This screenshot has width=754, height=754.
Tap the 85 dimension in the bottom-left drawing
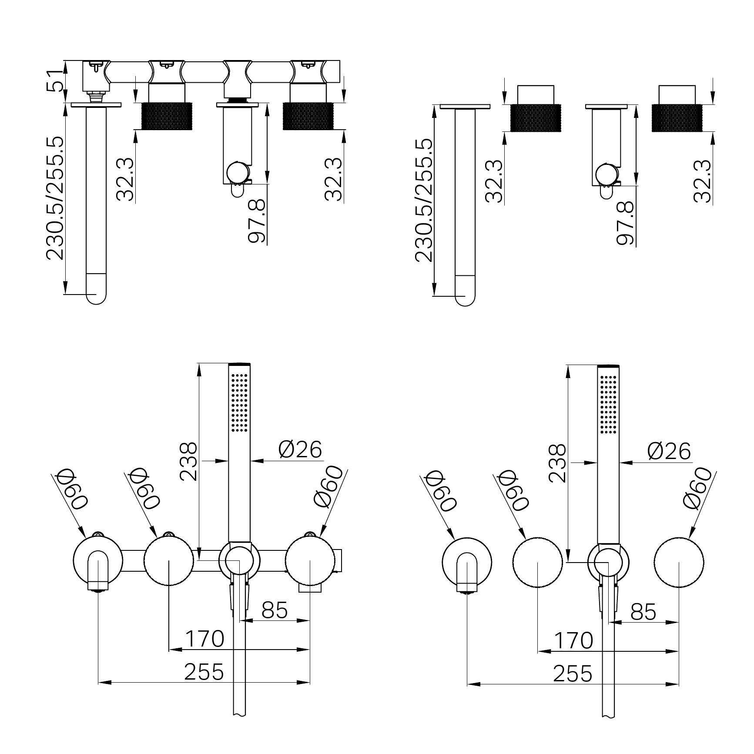[x=275, y=610]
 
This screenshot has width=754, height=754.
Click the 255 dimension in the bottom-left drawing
[x=204, y=672]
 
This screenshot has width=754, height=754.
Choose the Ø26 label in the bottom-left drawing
[x=300, y=450]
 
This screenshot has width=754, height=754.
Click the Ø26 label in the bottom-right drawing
[x=669, y=451]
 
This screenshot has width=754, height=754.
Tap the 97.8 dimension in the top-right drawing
[x=626, y=222]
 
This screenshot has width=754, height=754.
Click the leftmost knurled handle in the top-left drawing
[x=167, y=116]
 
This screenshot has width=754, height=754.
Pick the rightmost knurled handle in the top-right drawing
[x=677, y=117]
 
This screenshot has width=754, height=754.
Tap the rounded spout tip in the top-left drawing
[x=96, y=295]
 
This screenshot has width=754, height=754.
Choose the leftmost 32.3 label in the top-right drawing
[x=494, y=181]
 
